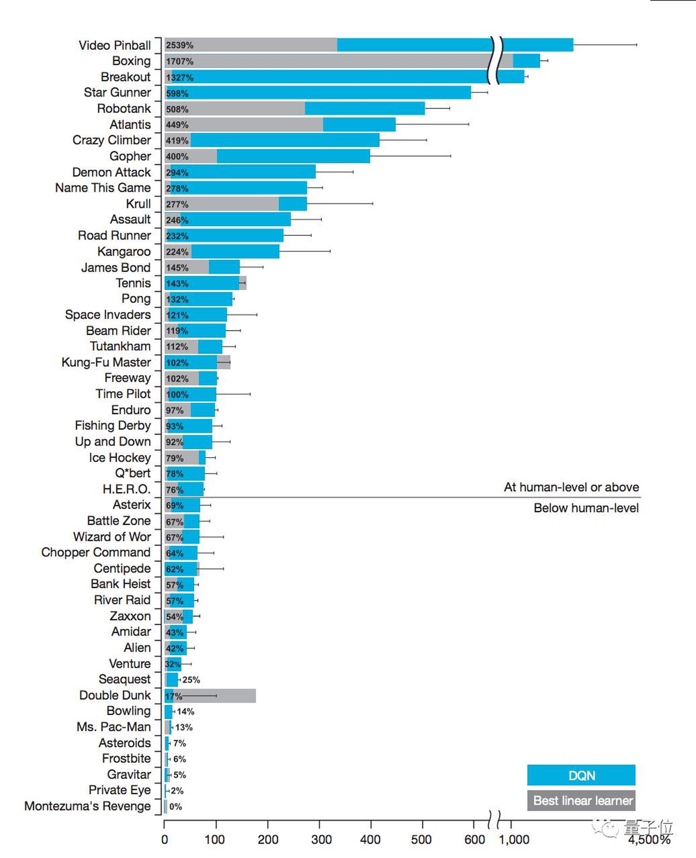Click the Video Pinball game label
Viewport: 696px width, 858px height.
point(115,45)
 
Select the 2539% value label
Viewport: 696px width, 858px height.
point(179,45)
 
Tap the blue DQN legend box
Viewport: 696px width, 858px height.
point(581,775)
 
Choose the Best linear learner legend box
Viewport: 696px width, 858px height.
point(581,801)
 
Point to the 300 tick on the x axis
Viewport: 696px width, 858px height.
point(321,840)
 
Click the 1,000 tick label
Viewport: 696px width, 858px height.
point(514,840)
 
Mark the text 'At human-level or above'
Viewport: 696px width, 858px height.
point(571,487)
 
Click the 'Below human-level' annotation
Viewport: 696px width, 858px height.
point(586,508)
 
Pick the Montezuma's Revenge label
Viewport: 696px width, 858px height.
point(87,806)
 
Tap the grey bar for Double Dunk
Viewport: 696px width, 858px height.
point(222,696)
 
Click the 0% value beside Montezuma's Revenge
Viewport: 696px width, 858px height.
point(175,807)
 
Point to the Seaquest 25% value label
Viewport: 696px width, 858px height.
point(191,680)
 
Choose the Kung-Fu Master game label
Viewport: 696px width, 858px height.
point(106,362)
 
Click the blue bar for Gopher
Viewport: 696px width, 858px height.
point(293,157)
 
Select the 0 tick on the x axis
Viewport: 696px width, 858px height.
point(164,840)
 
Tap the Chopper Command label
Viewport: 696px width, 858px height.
point(96,553)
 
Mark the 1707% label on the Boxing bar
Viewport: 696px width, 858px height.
point(179,61)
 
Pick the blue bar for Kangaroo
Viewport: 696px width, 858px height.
point(235,252)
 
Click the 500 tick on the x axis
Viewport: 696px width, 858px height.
point(421,840)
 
